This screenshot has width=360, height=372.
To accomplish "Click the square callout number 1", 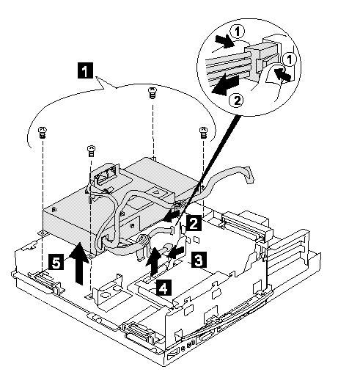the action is [x=85, y=70].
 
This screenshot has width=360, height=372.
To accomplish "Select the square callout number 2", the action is [x=194, y=223].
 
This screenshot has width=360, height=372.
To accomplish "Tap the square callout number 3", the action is [x=199, y=260].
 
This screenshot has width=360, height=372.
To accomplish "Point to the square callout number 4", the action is [x=164, y=288].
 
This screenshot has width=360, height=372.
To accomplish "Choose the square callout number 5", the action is [x=56, y=262].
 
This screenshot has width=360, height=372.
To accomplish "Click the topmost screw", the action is [x=152, y=93].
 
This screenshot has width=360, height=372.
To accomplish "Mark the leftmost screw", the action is [x=43, y=133].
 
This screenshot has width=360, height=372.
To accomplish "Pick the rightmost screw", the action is [x=203, y=132].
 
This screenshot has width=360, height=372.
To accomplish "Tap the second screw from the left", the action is [x=91, y=151].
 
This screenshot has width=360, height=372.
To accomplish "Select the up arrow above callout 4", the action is [x=153, y=261].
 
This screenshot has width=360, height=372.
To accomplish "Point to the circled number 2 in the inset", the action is [x=237, y=101].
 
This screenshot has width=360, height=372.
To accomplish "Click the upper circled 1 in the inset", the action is [x=238, y=32].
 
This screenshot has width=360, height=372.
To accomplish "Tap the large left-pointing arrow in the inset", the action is [x=225, y=85].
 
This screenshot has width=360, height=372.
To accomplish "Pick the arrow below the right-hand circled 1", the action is [x=283, y=74].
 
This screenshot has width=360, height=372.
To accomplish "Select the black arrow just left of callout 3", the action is [x=176, y=252].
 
